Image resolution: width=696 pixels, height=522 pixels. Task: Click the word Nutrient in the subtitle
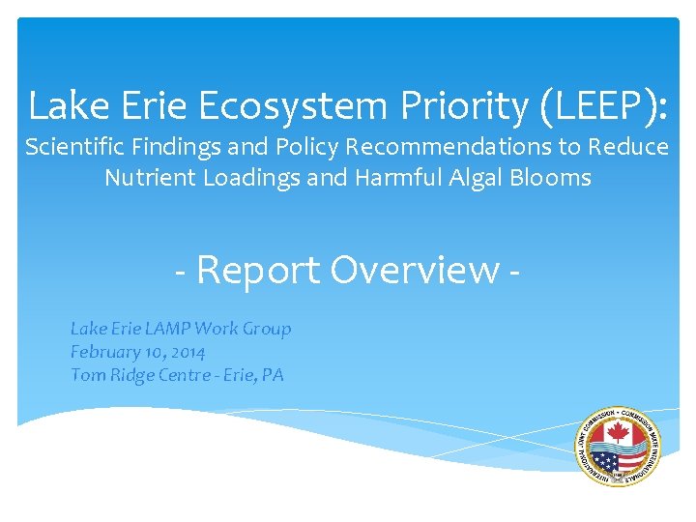[145, 178]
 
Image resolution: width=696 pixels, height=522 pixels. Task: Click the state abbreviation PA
[274, 375]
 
